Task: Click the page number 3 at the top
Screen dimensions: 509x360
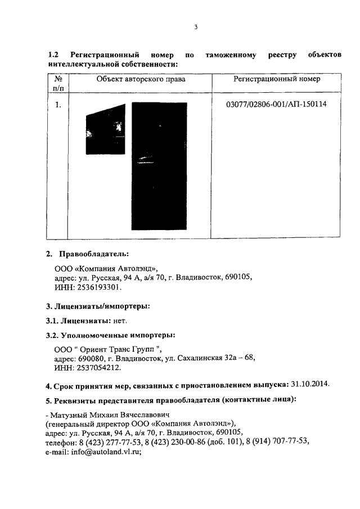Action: (195, 26)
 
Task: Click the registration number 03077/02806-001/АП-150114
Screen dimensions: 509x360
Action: (276, 105)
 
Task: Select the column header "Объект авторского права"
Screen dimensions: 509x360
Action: (141, 79)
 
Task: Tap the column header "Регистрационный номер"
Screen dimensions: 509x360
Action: (277, 79)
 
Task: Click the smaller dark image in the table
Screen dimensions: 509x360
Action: (106, 129)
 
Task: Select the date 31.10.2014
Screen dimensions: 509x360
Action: (310, 385)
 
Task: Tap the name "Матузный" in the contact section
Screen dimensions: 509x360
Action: (67, 414)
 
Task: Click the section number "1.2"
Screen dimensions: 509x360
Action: (54, 55)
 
